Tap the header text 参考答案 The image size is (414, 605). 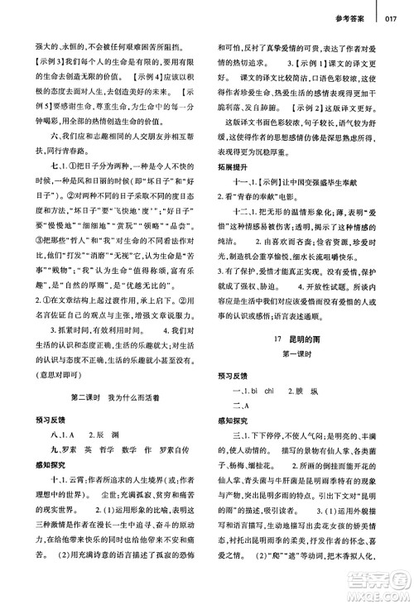pos(354,12)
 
